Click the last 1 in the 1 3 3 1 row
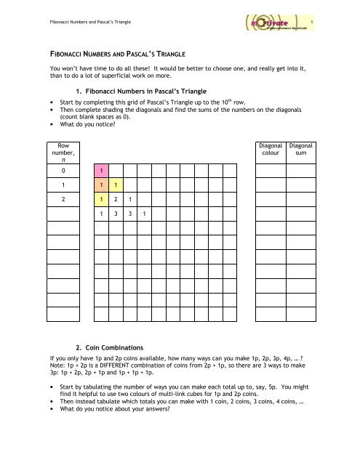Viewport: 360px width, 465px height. coord(143,214)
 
